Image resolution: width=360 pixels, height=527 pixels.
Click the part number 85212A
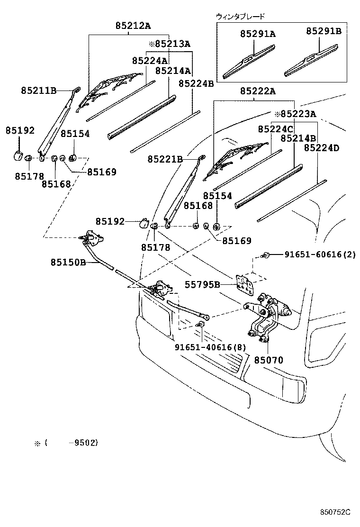coord(132,27)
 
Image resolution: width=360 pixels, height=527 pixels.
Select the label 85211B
coord(38,90)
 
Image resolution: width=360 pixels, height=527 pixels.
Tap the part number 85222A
coord(257,91)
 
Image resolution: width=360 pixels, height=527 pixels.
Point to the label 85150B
coord(69,262)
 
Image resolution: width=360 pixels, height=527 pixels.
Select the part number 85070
coord(268,360)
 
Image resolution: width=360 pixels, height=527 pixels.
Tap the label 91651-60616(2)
coord(320,255)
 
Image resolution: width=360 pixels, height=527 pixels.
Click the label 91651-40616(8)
coord(210,347)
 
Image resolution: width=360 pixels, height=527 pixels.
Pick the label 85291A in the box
coord(258,34)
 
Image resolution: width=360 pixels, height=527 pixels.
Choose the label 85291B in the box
coord(324,31)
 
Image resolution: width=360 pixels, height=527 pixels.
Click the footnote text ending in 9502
coord(66,443)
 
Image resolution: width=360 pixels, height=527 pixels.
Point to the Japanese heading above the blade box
coord(240,16)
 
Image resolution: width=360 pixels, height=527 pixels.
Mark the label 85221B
coord(165,160)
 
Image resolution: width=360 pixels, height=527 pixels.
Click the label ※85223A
coord(295,114)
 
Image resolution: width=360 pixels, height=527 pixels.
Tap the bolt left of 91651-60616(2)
coord(266,255)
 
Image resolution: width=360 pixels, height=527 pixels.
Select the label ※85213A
coord(169,44)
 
